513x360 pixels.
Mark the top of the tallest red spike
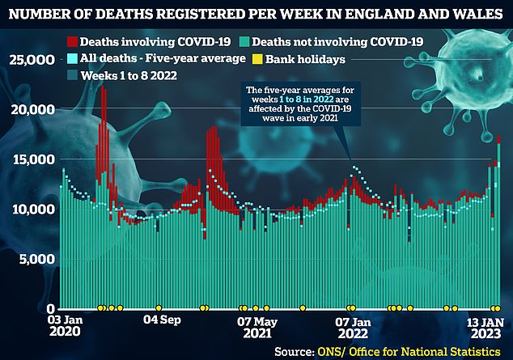(103, 87)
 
